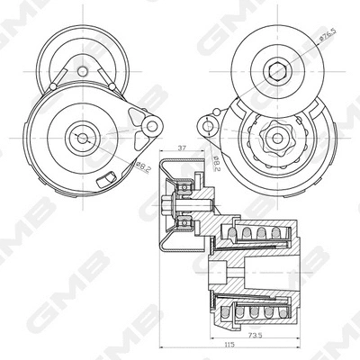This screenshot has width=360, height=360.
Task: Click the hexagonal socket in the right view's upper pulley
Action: tap(276, 69)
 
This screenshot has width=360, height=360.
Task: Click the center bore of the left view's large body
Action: tap(83, 138)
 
